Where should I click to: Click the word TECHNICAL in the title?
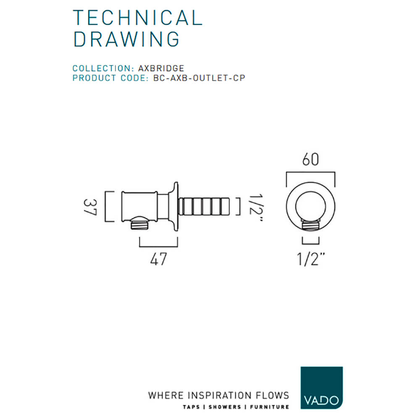tap(138, 18)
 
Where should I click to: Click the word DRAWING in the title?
tap(126, 39)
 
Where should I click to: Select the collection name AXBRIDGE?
tap(161, 68)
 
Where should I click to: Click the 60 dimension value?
tap(310, 160)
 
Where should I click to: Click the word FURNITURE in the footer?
tap(270, 407)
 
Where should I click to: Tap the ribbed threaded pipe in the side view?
tap(206, 206)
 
